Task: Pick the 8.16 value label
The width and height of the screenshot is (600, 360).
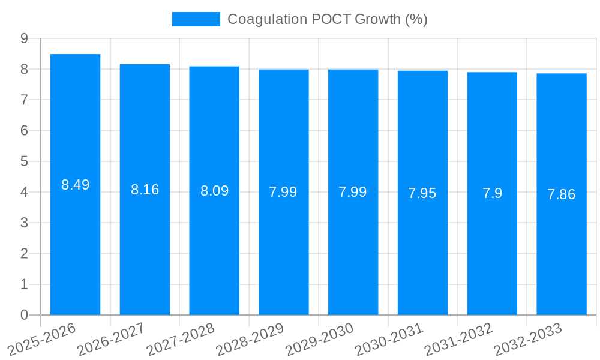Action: [145, 190]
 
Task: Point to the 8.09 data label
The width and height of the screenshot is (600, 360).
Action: [214, 191]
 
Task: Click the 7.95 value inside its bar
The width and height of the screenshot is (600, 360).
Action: [422, 193]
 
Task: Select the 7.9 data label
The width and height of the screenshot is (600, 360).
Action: [492, 193]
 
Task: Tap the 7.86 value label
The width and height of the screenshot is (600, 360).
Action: [562, 194]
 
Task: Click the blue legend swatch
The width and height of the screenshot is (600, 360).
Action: [196, 19]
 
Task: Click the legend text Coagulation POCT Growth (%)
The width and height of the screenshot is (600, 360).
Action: [327, 19]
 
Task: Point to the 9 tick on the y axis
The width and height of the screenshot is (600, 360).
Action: [24, 38]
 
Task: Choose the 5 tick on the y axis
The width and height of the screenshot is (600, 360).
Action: [24, 161]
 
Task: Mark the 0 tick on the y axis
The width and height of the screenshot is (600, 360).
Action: [24, 315]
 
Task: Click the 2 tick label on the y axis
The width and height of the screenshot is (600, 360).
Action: [24, 254]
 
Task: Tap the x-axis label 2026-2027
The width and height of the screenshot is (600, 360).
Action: [112, 338]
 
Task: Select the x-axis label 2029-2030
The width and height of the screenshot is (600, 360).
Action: [320, 338]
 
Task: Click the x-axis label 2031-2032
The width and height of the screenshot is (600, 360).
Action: [459, 338]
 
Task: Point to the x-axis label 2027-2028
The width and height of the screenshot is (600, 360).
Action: [181, 338]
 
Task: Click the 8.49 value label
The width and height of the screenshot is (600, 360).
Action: [75, 185]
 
